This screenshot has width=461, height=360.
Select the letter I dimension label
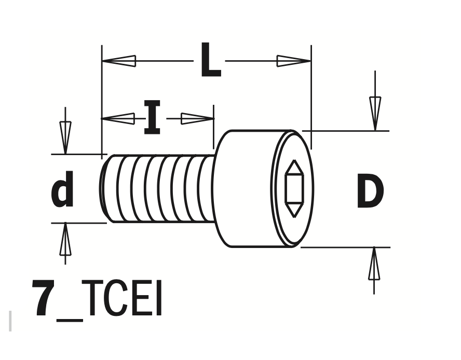point(152,119)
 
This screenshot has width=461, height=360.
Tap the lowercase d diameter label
point(62,189)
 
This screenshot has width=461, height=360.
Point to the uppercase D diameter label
point(370,191)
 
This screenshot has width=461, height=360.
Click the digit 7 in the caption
point(44,299)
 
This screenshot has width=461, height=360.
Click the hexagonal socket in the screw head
point(294,188)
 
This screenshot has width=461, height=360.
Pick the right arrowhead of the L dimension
point(294,61)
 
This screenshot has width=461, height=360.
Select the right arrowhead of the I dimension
point(197,119)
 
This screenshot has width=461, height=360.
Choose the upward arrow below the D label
point(374,265)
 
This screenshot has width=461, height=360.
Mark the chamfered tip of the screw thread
point(105,188)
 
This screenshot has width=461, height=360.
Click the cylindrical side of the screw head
point(244,188)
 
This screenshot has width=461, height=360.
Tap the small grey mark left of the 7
point(10,321)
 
